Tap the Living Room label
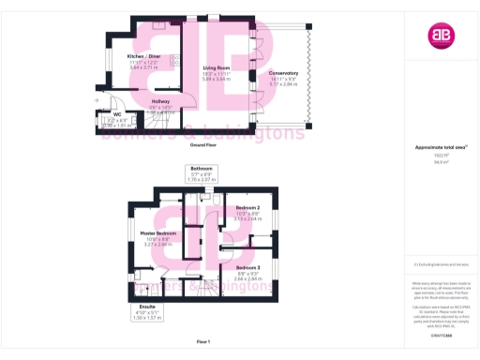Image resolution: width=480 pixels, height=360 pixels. tap(217, 68)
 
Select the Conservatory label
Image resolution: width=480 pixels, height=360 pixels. tap(283, 72)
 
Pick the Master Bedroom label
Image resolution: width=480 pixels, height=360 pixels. tap(158, 232)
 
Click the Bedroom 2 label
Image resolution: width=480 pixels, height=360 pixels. tap(248, 206)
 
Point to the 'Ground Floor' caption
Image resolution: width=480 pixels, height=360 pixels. tap(204, 146)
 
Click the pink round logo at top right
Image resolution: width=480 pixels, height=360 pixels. tap(440, 36)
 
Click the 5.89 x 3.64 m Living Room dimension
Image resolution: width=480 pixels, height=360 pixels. tap(217, 79)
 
